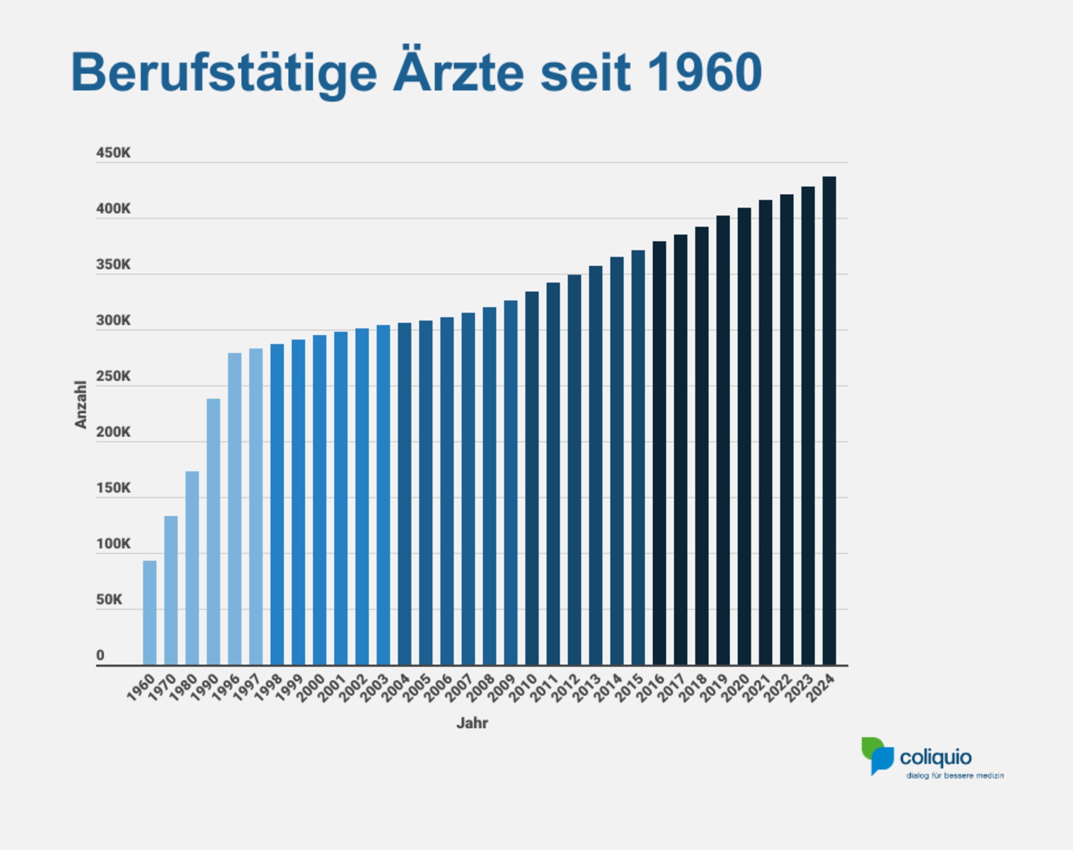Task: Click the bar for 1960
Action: (x=150, y=613)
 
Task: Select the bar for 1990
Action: (x=213, y=532)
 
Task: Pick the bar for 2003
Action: (x=383, y=495)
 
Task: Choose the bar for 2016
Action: (x=659, y=453)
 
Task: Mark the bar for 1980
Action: (x=192, y=568)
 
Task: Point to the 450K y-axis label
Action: (x=113, y=153)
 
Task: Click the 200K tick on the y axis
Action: (x=113, y=432)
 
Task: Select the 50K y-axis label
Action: (x=109, y=600)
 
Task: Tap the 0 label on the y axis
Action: (x=100, y=655)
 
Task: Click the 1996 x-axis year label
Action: (x=226, y=688)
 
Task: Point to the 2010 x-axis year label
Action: (x=523, y=688)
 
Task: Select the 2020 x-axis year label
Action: (x=736, y=688)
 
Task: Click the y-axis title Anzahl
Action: (x=80, y=404)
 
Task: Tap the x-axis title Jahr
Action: (x=472, y=723)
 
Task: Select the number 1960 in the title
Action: (x=704, y=72)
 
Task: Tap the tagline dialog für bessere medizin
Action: (x=955, y=776)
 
